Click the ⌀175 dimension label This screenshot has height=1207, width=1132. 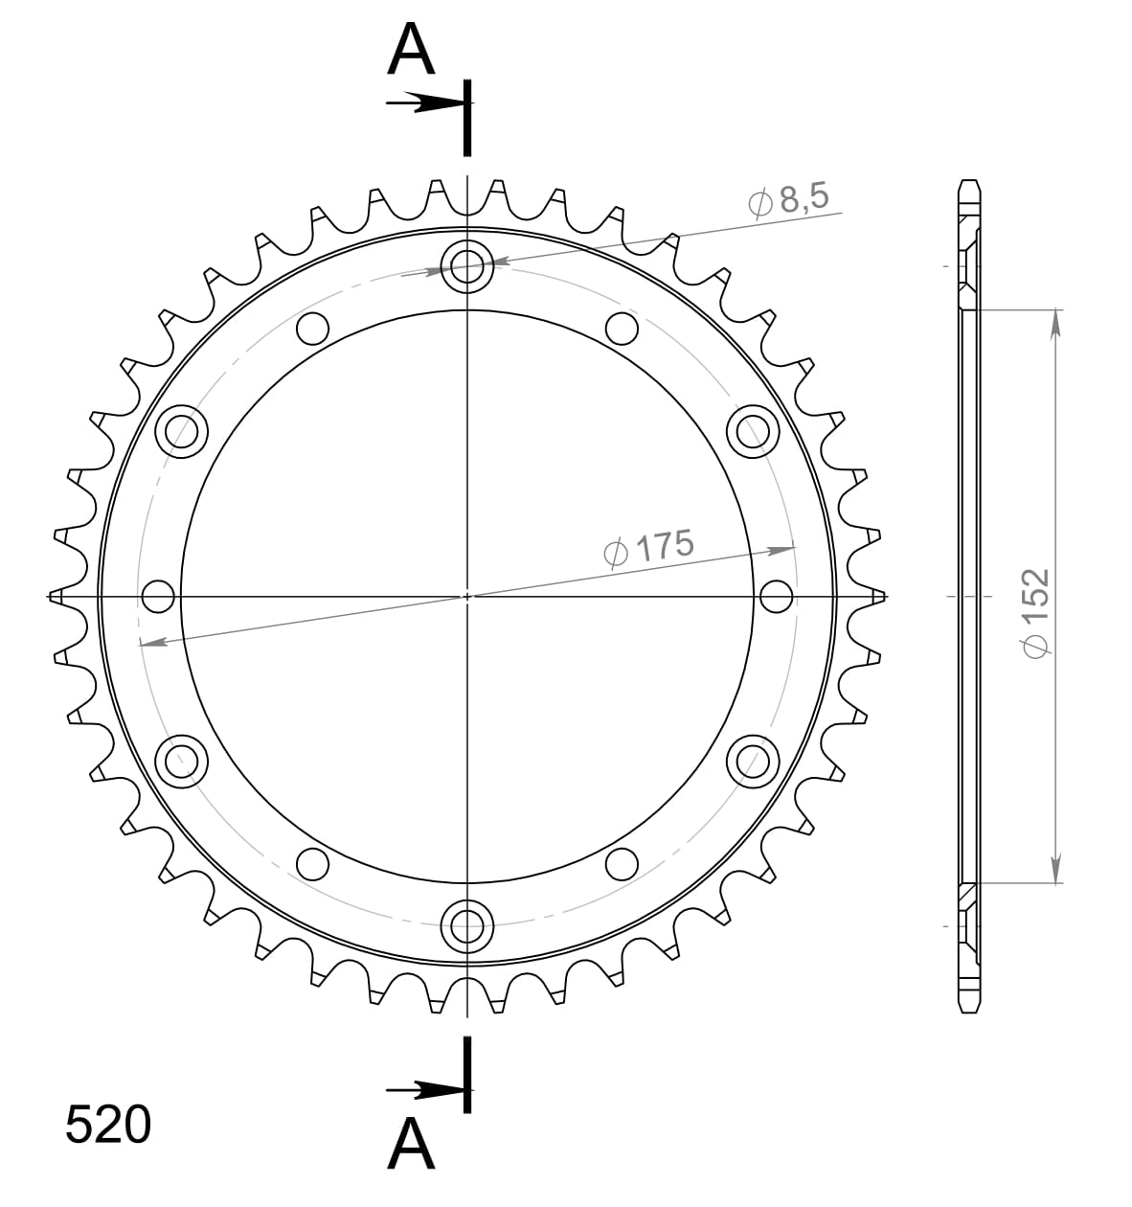click(648, 547)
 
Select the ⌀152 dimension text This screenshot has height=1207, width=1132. click(1035, 613)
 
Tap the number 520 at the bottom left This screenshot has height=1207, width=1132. click(107, 1126)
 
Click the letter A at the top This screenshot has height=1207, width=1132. click(411, 51)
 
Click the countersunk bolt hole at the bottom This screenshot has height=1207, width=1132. click(467, 925)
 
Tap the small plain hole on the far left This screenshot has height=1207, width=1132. click(159, 596)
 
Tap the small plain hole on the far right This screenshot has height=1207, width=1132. click(776, 596)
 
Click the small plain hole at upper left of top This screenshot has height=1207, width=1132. click(312, 329)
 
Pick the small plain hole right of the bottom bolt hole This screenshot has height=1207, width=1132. click(623, 863)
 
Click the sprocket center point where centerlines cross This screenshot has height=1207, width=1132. click(467, 596)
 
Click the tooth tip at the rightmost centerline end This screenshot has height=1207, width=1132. click(879, 596)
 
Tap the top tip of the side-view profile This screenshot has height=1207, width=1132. click(969, 182)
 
